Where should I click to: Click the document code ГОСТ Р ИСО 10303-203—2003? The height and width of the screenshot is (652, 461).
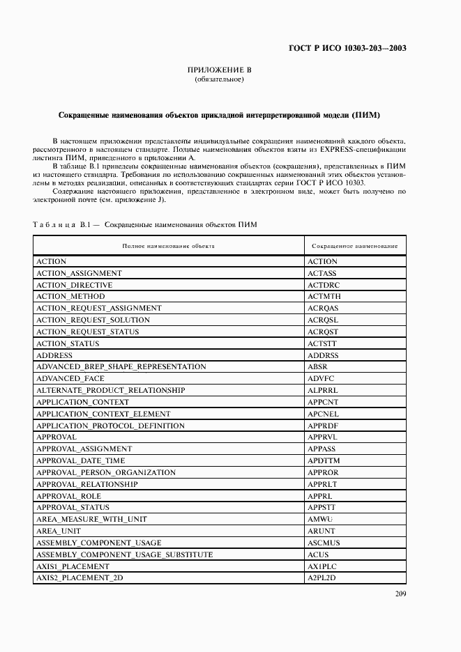pos(347,49)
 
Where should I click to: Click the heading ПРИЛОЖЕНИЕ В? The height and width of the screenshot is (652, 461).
pos(219,70)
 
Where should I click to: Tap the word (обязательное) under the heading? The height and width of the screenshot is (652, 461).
pos(219,79)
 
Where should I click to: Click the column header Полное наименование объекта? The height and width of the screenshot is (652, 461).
pos(168,246)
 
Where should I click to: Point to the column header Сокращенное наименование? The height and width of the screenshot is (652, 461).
pos(354,246)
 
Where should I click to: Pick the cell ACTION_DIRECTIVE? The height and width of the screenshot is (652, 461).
pos(74,285)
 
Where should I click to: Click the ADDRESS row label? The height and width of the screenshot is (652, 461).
pos(54,355)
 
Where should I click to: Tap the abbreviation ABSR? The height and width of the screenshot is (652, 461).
pos(317,366)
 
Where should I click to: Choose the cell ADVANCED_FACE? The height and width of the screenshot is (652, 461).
pos(70,378)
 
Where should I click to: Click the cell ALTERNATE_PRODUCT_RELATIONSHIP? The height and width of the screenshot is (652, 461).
pos(110,390)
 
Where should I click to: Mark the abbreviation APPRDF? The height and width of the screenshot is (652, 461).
pos(322,426)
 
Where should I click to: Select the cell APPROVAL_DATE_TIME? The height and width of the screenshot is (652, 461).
pos(81,460)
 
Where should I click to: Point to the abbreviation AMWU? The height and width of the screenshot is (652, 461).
pos(320,520)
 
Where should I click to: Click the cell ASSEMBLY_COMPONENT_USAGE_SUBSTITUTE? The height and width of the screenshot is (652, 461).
pos(124,554)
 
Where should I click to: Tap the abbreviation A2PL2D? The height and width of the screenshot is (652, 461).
pos(322,578)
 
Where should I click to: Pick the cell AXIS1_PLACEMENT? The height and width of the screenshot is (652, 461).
pos(73,566)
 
